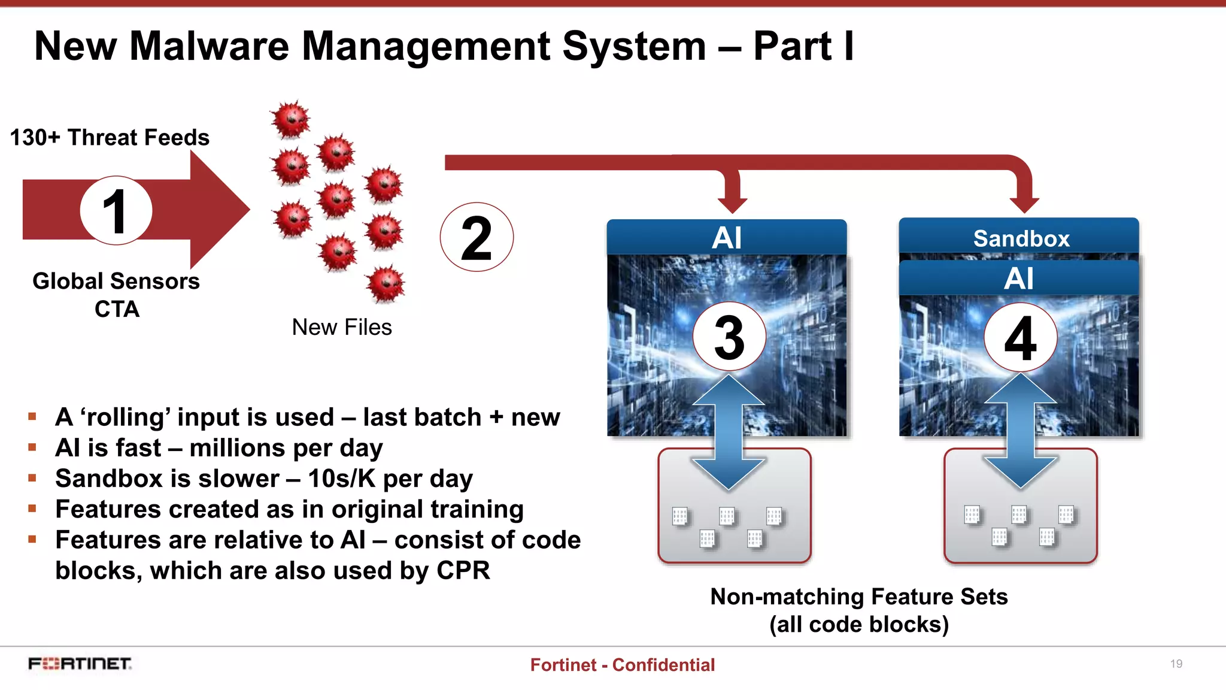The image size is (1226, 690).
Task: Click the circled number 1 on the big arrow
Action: click(x=116, y=210)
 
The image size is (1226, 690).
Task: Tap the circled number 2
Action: click(x=477, y=237)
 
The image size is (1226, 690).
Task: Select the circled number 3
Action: click(x=729, y=337)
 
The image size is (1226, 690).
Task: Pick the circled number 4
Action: click(x=1020, y=337)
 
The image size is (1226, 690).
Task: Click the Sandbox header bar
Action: click(x=1020, y=238)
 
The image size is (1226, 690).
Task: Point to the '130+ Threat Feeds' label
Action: click(x=110, y=138)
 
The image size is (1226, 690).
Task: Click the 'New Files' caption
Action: click(x=342, y=327)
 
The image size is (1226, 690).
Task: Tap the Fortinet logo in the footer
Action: click(x=80, y=664)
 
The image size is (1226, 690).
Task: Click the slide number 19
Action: click(x=1176, y=664)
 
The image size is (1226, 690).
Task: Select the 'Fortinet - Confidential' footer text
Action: click(x=622, y=665)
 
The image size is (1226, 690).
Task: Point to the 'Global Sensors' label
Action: click(x=116, y=281)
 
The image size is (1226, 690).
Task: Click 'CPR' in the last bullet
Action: click(x=463, y=570)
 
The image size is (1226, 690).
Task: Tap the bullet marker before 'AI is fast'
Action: click(x=32, y=447)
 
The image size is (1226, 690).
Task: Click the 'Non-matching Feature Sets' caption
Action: click(x=858, y=597)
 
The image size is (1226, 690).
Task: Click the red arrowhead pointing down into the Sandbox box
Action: click(x=1024, y=204)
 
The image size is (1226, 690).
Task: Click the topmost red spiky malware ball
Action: click(x=291, y=119)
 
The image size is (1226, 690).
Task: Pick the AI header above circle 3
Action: click(x=726, y=238)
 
